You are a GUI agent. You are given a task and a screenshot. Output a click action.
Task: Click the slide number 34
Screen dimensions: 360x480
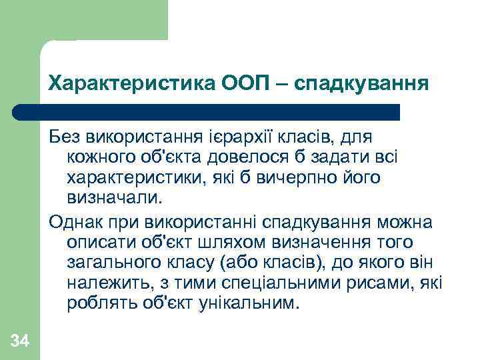[20, 342]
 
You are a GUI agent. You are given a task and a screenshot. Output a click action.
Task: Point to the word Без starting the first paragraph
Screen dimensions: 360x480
[64, 137]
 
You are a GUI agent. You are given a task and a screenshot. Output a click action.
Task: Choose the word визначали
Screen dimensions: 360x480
[114, 199]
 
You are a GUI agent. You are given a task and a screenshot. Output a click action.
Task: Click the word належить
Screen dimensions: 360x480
[103, 283]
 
